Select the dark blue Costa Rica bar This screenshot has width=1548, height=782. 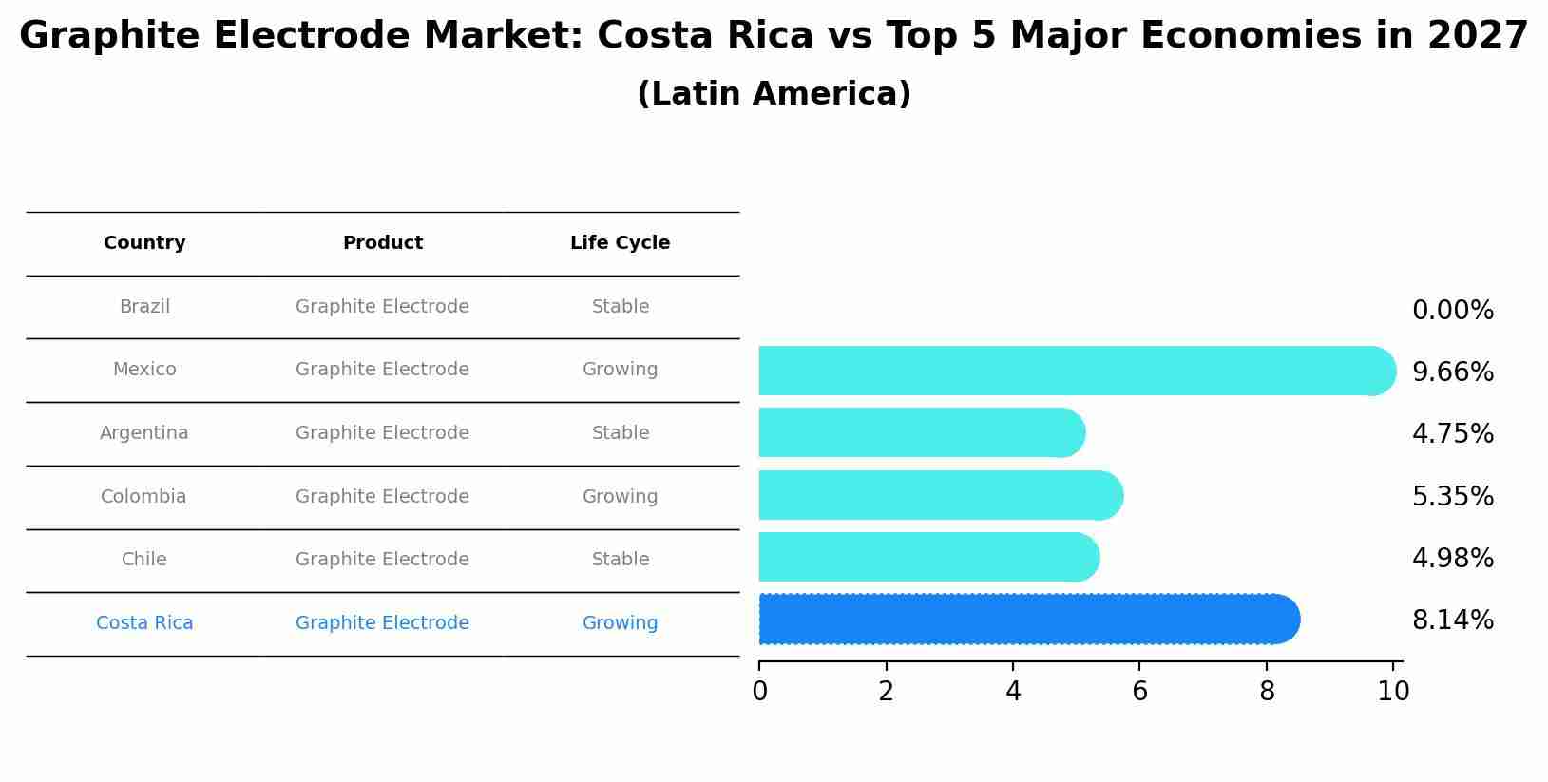1026,620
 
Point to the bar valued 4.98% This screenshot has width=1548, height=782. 927,558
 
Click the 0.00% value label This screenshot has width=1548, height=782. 1452,311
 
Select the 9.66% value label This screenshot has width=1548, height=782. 1452,372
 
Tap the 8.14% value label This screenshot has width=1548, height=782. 1452,620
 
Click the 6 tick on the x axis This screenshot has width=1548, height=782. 1139,692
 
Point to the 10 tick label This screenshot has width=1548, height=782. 1393,692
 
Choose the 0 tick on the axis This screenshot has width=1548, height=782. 759,692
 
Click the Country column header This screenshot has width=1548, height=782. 144,243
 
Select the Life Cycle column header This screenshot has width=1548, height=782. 620,243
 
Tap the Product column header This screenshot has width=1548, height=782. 382,243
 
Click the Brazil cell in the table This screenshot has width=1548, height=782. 144,307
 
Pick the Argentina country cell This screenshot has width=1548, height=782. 144,433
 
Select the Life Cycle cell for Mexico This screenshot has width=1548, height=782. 620,370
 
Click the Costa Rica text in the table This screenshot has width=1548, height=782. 144,623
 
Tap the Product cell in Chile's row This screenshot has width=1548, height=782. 382,560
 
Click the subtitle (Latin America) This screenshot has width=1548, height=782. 774,94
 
